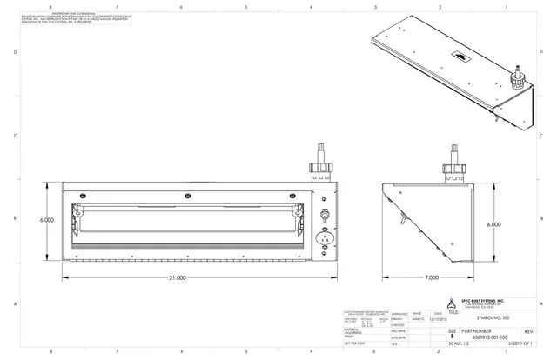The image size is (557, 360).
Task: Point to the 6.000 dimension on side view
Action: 493,223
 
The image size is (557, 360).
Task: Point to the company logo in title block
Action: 451,303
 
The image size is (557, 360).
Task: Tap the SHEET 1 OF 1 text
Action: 516,344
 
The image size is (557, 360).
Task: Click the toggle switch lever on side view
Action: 402,212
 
